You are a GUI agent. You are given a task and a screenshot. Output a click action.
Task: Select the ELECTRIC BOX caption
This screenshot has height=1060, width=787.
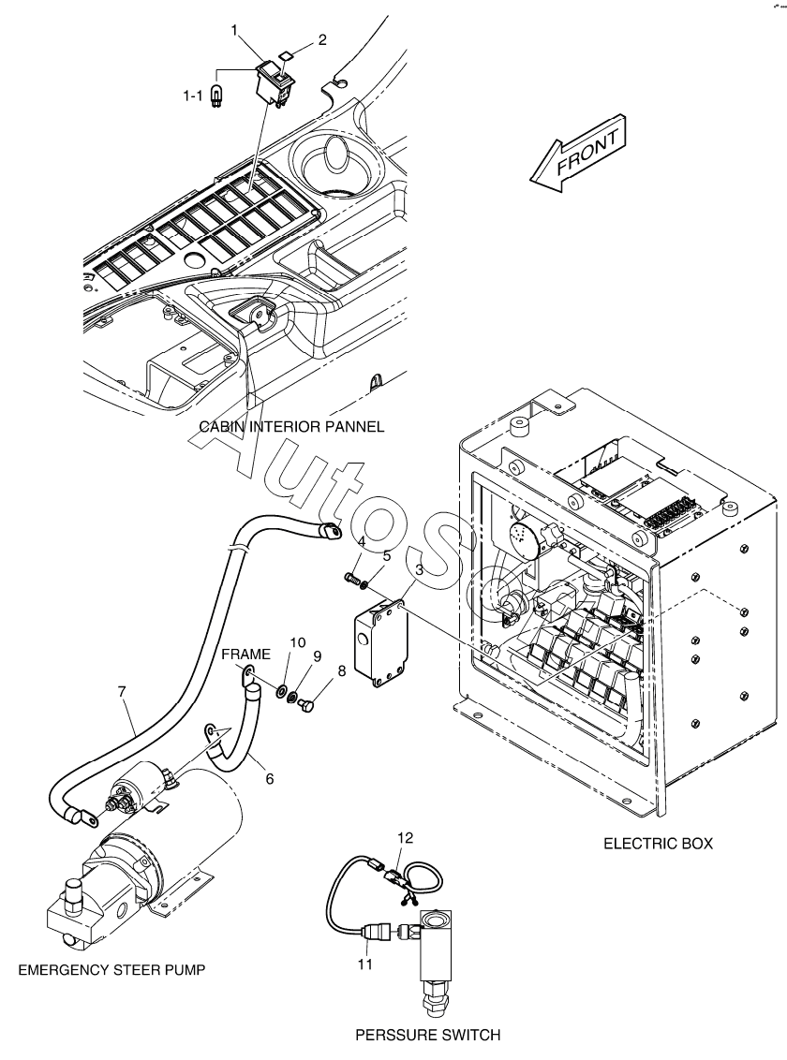pyautogui.click(x=658, y=844)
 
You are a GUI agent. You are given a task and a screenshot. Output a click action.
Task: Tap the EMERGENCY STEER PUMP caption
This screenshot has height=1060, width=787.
pyautogui.click(x=111, y=970)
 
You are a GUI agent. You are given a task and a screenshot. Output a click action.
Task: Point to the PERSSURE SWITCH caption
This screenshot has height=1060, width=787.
pyautogui.click(x=428, y=1035)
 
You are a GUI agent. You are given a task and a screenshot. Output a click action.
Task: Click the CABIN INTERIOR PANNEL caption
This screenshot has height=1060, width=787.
pyautogui.click(x=291, y=427)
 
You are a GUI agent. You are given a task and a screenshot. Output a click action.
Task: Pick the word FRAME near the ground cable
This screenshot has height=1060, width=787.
pyautogui.click(x=246, y=654)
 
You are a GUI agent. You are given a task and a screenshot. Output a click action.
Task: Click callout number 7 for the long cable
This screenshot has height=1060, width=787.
pyautogui.click(x=122, y=692)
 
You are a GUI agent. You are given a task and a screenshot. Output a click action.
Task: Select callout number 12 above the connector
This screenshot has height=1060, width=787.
pyautogui.click(x=405, y=837)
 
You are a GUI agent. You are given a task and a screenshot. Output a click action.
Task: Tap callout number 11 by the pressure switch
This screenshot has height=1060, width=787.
pyautogui.click(x=365, y=964)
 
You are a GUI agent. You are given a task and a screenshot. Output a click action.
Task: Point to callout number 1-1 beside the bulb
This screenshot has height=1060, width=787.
pyautogui.click(x=193, y=96)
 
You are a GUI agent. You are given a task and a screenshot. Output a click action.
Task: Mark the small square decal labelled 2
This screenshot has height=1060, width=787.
pyautogui.click(x=286, y=57)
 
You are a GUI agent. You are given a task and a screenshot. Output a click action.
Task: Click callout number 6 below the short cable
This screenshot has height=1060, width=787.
pyautogui.click(x=270, y=779)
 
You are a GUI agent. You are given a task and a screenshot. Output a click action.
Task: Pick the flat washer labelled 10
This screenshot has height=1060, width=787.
pyautogui.click(x=280, y=692)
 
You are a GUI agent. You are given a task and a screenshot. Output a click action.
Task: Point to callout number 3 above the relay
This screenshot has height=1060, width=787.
pyautogui.click(x=419, y=570)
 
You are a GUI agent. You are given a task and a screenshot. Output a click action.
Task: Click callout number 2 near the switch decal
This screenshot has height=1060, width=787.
pyautogui.click(x=322, y=39)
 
